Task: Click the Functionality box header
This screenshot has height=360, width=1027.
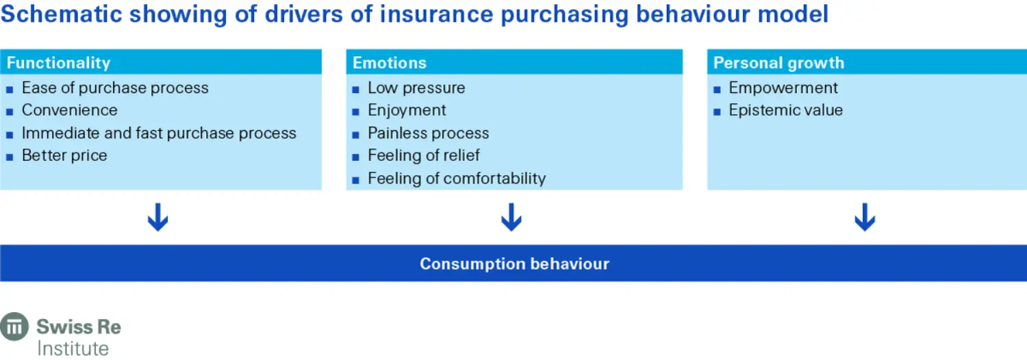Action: point(58,63)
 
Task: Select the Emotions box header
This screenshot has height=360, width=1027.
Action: point(390,63)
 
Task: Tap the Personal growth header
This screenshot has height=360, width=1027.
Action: point(778,63)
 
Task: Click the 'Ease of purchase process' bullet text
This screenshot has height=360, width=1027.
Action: point(115,88)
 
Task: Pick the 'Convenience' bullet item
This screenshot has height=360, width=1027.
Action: point(69,110)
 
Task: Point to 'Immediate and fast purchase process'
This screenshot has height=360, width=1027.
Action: point(159,133)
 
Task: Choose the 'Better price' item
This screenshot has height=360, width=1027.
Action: point(64,155)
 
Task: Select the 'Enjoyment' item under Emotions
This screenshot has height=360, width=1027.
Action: point(407,110)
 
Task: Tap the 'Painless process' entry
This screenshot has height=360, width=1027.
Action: point(429,133)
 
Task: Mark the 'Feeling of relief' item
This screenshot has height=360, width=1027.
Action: point(424,155)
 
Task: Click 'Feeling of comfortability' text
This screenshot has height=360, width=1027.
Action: point(457,179)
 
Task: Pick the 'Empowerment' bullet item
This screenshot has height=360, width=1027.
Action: point(783,88)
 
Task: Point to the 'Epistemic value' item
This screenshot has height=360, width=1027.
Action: point(785,110)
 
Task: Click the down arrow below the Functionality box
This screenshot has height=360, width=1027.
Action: point(158,218)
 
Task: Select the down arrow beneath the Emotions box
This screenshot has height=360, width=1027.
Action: point(511,218)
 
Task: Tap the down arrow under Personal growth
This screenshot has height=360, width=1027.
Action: point(865,218)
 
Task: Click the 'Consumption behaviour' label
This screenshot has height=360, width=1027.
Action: point(514,264)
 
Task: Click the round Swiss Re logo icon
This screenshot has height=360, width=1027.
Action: point(14,326)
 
